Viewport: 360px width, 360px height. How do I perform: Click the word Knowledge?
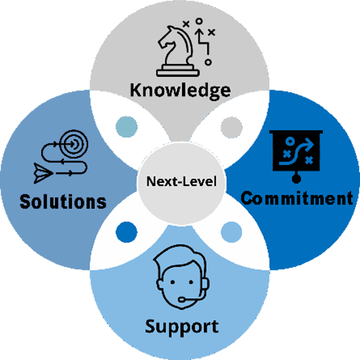tap(180, 91)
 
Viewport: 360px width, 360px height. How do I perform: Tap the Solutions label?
tap(63, 201)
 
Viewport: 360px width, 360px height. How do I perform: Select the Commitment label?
tap(297, 198)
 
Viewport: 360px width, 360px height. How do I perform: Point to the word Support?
tap(182, 327)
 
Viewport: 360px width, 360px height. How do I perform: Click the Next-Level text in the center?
tap(181, 181)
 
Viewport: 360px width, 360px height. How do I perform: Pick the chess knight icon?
tap(177, 51)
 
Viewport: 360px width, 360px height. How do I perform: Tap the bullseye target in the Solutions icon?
tap(74, 144)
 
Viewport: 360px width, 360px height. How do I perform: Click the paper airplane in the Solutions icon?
tap(43, 173)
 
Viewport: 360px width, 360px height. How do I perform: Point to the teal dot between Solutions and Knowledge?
tap(126, 127)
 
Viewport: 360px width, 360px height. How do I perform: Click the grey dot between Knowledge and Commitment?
tap(232, 127)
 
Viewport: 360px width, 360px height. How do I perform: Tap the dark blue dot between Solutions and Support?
tap(126, 232)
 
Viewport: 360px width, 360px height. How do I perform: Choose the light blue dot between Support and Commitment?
tap(232, 232)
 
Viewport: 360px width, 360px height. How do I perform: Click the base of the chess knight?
tap(178, 71)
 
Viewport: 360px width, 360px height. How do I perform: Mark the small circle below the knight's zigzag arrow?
tap(208, 63)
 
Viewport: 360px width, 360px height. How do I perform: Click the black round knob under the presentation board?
tap(296, 179)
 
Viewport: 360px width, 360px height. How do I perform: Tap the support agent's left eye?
tap(172, 282)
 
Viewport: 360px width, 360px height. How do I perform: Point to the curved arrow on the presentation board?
tap(296, 152)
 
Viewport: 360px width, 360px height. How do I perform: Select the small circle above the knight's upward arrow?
tap(199, 21)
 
